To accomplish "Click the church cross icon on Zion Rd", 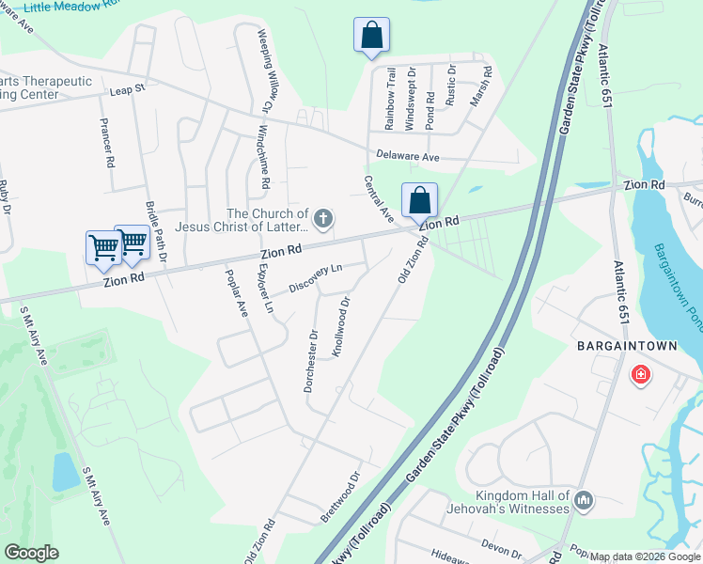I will (322, 220).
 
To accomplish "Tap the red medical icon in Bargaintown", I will (640, 375).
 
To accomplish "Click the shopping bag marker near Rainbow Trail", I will (371, 36).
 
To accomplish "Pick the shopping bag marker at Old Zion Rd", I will (419, 200).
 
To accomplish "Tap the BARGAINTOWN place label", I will (627, 346).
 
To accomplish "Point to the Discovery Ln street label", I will (316, 277).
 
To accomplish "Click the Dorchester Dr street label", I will (312, 360).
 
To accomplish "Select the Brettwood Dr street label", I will (340, 496).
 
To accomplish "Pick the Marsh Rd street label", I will (487, 84).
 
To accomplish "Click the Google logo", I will (31, 553).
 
